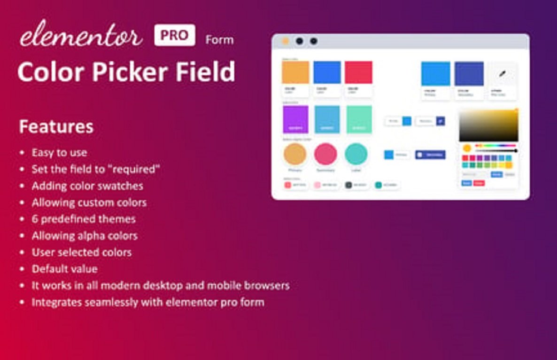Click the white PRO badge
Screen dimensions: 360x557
(x=174, y=36)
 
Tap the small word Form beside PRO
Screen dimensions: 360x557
(x=219, y=40)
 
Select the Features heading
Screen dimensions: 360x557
(x=56, y=127)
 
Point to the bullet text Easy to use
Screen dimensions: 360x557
(x=59, y=153)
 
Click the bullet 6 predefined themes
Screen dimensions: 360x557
(x=84, y=219)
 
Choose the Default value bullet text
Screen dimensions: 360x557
(x=65, y=269)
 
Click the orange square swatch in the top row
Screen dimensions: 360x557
(x=295, y=72)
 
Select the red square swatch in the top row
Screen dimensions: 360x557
(x=358, y=72)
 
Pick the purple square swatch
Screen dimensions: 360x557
(x=296, y=119)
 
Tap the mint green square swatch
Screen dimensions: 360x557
(x=359, y=119)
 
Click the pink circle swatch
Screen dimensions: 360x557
(x=325, y=154)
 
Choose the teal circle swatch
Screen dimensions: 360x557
(x=356, y=154)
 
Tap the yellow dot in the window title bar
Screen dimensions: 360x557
(x=285, y=41)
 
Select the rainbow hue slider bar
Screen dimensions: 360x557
(x=495, y=146)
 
